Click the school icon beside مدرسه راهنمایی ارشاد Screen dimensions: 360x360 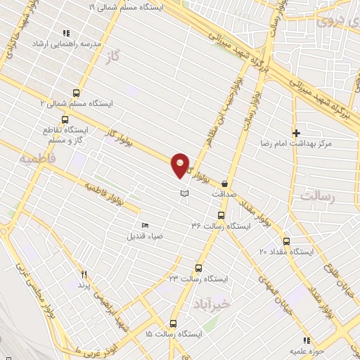(66, 33)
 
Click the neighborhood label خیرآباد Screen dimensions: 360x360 (210, 304)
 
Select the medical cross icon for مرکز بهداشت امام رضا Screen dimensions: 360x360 (297, 132)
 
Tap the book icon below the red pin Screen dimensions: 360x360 (184, 193)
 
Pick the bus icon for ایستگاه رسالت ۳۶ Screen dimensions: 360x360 (221, 216)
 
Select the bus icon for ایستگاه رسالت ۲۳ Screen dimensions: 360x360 (198, 268)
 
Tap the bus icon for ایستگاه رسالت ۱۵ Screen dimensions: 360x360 (173, 323)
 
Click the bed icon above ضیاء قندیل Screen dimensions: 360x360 (145, 225)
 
